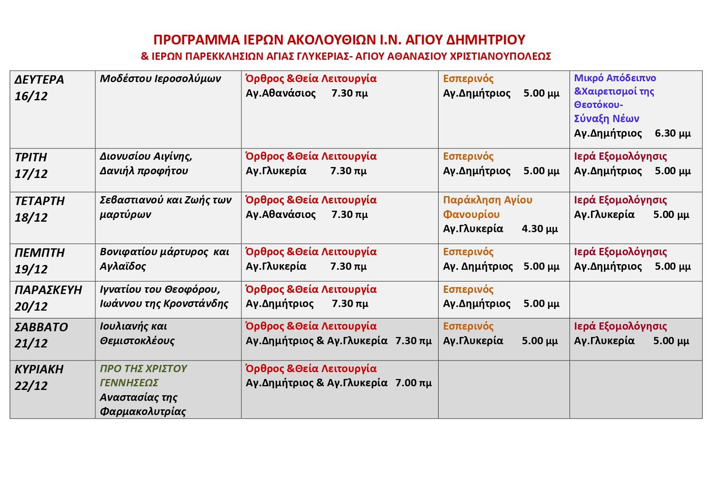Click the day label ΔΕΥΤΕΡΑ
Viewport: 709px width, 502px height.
pyautogui.click(x=39, y=79)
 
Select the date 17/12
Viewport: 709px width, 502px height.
pyautogui.click(x=31, y=174)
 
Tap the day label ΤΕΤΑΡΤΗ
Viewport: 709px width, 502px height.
pyautogui.click(x=39, y=201)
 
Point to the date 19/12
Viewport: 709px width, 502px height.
pyautogui.click(x=31, y=269)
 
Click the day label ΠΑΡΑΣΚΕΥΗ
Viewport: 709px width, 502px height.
pyautogui.click(x=48, y=290)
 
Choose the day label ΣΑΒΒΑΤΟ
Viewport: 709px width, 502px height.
pyautogui.click(x=41, y=327)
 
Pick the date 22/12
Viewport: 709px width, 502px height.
pyautogui.click(x=31, y=386)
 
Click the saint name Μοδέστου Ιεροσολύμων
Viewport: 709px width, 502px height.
pyautogui.click(x=160, y=79)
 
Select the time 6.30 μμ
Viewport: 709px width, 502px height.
pyautogui.click(x=672, y=133)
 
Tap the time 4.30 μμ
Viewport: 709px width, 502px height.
pyautogui.click(x=539, y=229)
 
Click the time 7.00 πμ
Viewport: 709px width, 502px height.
pyautogui.click(x=414, y=383)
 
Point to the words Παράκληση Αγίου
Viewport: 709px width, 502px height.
pyautogui.click(x=487, y=200)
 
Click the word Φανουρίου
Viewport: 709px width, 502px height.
pyautogui.click(x=471, y=214)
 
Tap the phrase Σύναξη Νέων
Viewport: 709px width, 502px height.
pyautogui.click(x=606, y=119)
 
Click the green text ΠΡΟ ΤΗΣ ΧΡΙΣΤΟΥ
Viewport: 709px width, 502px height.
pyautogui.click(x=143, y=369)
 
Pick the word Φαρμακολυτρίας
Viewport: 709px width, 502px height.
pyautogui.click(x=143, y=411)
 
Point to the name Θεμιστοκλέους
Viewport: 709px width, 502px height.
pyautogui.click(x=137, y=341)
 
